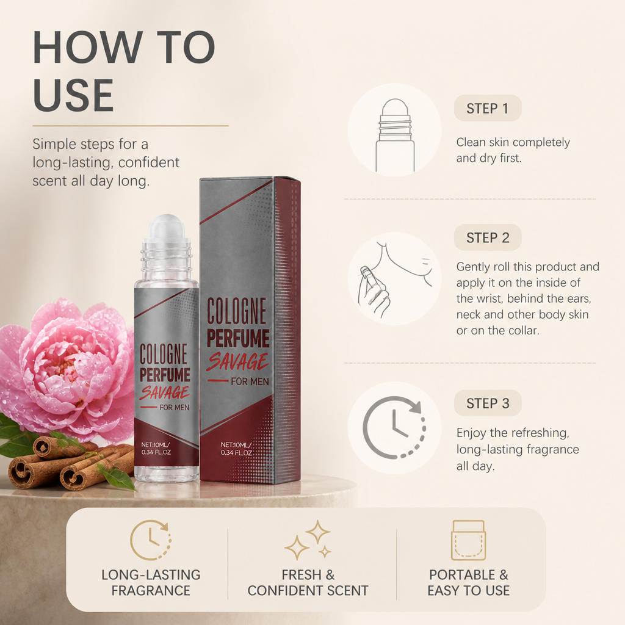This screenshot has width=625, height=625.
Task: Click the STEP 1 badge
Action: click(488, 108)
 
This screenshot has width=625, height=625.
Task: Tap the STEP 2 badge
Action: click(488, 237)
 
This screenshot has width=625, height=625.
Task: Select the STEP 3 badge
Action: click(488, 403)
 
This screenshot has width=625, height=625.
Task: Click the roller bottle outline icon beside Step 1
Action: click(395, 135)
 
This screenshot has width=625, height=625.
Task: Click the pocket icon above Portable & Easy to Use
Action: click(468, 541)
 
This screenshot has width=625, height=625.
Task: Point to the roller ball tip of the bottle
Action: click(167, 226)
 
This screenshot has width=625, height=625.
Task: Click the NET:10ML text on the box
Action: click(236, 445)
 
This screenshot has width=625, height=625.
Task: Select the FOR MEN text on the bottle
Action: click(174, 407)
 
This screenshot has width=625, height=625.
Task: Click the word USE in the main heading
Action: click(73, 95)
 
